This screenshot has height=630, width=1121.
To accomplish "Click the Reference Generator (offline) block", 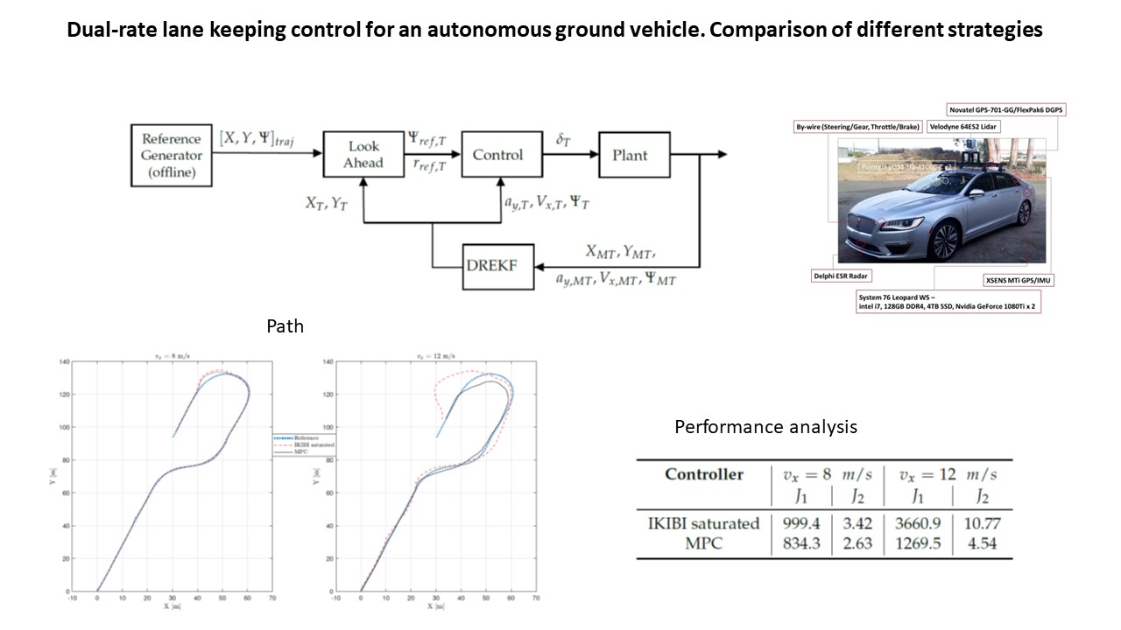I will pos(172,155).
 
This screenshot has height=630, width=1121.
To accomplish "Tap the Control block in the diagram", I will pos(497,155).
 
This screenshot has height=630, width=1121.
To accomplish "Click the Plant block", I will pos(634,155).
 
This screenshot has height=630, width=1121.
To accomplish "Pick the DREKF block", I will pos(497,267).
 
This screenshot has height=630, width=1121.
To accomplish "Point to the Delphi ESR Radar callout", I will pos(846,276).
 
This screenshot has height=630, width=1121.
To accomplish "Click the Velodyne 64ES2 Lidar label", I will pos(965,127).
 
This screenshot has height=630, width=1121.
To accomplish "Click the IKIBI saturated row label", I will pos(704,523).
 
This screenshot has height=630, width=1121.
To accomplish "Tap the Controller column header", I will pos(703,475).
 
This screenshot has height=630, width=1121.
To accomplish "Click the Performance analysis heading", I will pos(765,427).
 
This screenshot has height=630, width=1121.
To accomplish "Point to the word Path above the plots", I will pos(285,326).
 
